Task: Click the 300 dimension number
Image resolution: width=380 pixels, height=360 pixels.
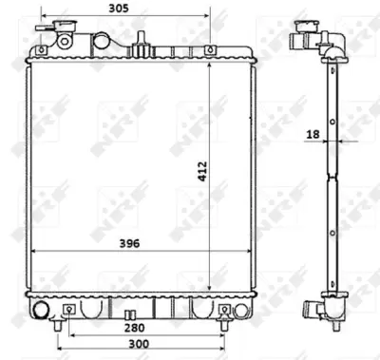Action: coord(139,345)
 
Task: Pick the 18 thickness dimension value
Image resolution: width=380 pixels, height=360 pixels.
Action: coord(312,136)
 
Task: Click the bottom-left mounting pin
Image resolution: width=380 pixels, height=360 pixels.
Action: coord(68,311)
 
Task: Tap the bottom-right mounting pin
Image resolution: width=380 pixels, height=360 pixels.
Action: coord(223,311)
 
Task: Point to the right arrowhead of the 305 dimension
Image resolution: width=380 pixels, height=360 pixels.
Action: coord(208,16)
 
